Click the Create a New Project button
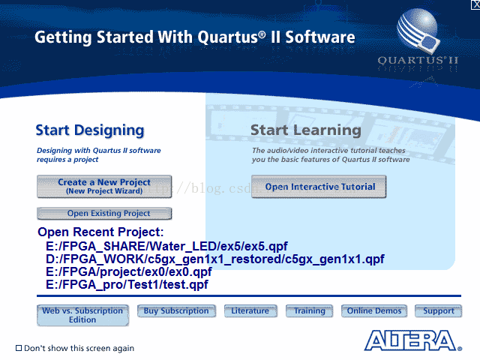point(104,187)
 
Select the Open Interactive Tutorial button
point(319,187)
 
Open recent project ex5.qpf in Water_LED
point(166,246)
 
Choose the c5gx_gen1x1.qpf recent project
point(215,259)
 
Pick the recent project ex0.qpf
point(128,271)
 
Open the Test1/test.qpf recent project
point(127,285)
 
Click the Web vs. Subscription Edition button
point(82,315)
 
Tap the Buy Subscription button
point(176,311)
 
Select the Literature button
point(250,311)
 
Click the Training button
point(309,311)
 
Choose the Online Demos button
point(374,311)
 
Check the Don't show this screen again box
point(19,348)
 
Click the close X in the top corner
point(475,4)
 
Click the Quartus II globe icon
point(418,29)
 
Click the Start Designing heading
point(90,130)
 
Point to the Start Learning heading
point(306,130)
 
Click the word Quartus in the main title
point(228,37)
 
